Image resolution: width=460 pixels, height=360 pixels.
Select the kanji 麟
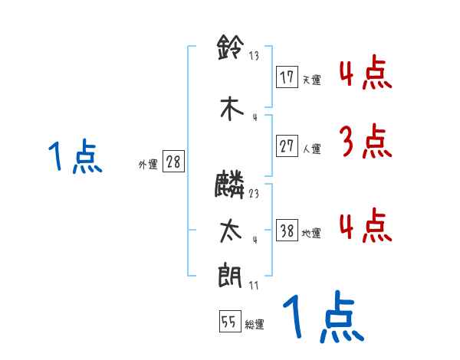click(231, 185)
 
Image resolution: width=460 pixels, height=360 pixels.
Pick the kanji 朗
click(231, 276)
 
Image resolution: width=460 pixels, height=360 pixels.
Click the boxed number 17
click(287, 77)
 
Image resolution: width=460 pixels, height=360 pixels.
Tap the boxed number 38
click(287, 231)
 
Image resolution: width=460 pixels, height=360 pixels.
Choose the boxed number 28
click(173, 162)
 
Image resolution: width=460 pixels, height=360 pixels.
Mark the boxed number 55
click(228, 322)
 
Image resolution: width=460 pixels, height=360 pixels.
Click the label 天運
click(311, 80)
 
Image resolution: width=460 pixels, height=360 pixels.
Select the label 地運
click(311, 234)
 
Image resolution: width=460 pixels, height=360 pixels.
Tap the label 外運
click(148, 164)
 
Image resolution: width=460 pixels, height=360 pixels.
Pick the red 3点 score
click(364, 142)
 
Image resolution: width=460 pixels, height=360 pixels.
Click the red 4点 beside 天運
click(364, 72)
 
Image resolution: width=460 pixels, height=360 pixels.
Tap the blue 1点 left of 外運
click(74, 156)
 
